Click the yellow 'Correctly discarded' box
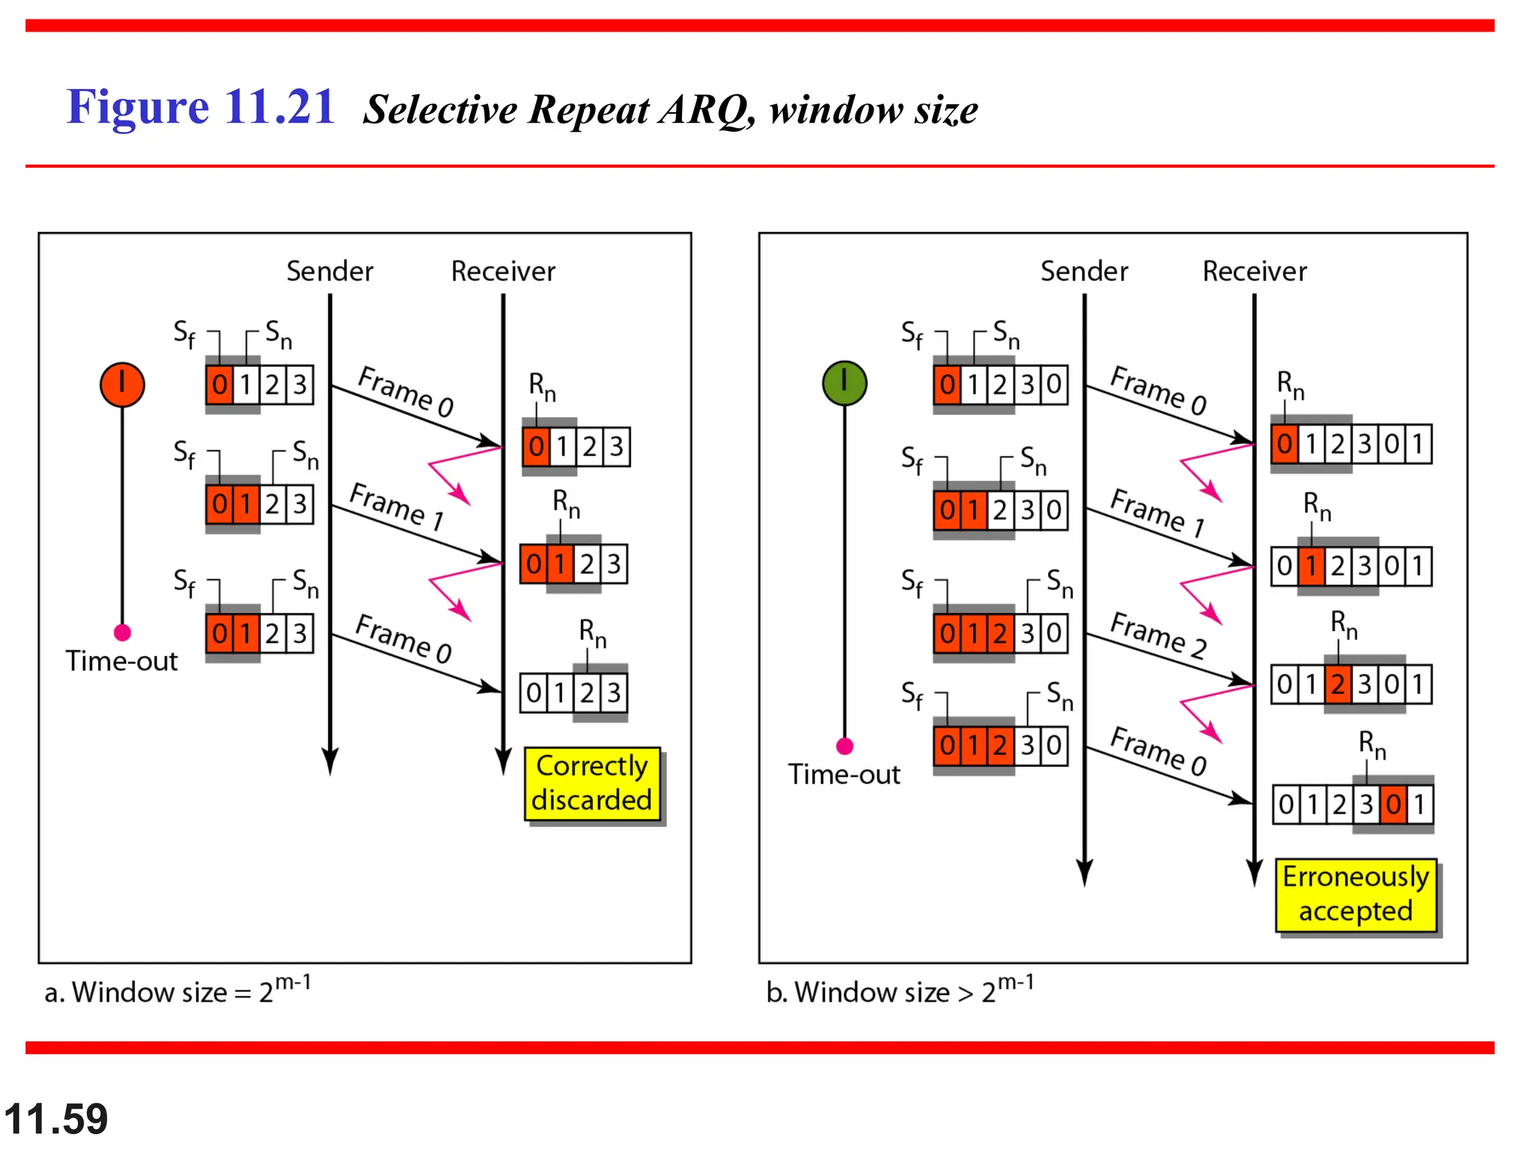592,783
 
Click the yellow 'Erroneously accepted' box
1356,894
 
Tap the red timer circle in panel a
122,385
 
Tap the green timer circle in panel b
844,383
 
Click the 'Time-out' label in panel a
121,661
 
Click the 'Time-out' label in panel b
844,774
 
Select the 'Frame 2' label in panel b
1158,635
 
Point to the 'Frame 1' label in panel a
397,506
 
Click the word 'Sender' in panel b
1084,271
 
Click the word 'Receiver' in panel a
503,271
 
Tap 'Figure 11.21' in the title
200,106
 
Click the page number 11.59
56,1119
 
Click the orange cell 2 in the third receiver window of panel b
1338,684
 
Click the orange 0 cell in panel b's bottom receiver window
1392,805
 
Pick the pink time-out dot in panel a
122,633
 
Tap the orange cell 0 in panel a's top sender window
219,385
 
